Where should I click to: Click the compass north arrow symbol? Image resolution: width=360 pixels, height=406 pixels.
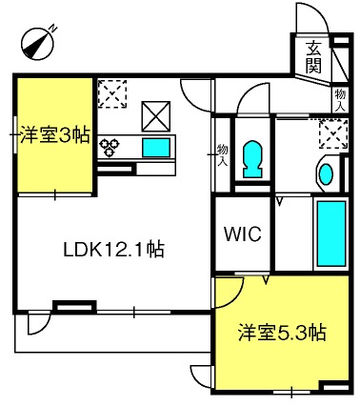[x=37, y=44]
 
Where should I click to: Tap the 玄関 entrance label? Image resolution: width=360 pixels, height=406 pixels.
[x=313, y=57]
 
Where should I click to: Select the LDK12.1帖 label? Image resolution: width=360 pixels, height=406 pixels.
[x=114, y=250]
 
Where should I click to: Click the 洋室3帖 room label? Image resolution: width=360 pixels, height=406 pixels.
[x=54, y=134]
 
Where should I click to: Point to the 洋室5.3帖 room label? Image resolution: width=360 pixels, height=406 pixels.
[x=282, y=333]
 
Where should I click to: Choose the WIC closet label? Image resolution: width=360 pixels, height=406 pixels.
[x=243, y=234]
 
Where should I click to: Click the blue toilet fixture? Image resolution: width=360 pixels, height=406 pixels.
[x=252, y=159]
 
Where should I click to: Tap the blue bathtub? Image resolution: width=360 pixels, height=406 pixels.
[x=331, y=233]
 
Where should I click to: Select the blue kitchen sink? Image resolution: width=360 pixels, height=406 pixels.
[x=156, y=148]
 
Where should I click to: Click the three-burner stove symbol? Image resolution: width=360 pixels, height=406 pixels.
[x=110, y=147]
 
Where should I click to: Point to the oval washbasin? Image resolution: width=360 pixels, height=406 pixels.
[x=326, y=174]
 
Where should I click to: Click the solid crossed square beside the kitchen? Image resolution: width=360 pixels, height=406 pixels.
[x=156, y=116]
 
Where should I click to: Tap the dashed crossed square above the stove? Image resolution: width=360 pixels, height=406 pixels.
[x=112, y=93]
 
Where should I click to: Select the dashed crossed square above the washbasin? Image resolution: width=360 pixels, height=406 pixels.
[x=333, y=133]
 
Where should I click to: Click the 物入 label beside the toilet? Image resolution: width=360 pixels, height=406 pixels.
[x=222, y=155]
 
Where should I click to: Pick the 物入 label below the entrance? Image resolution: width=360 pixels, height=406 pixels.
[x=340, y=100]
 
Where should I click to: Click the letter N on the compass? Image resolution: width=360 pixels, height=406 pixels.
[x=53, y=29]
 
